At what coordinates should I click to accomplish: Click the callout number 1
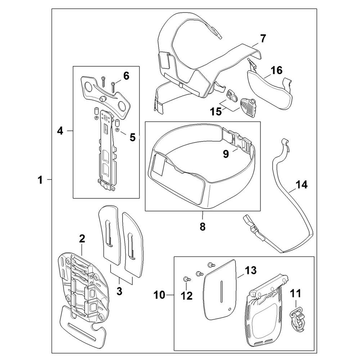[x=40, y=180]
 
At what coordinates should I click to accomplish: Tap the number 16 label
[x=276, y=70]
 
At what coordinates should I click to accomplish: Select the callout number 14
[x=301, y=184]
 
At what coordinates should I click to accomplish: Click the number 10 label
[x=159, y=295]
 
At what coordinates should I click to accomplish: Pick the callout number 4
[x=60, y=131]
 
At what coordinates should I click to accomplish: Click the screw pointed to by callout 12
[x=186, y=279]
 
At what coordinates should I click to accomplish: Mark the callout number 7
[x=263, y=39]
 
